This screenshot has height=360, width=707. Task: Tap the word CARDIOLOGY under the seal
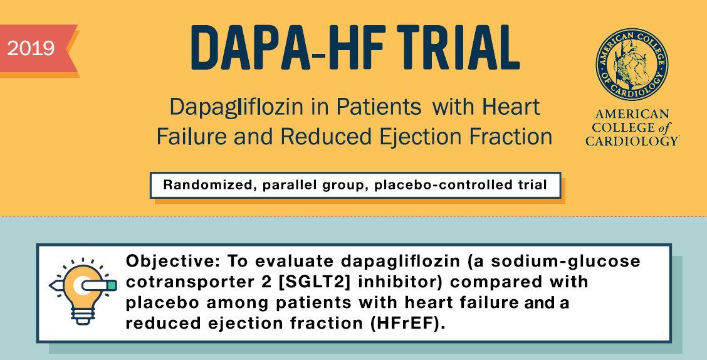coord(632,141)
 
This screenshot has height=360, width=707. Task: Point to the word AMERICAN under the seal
coord(631,114)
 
